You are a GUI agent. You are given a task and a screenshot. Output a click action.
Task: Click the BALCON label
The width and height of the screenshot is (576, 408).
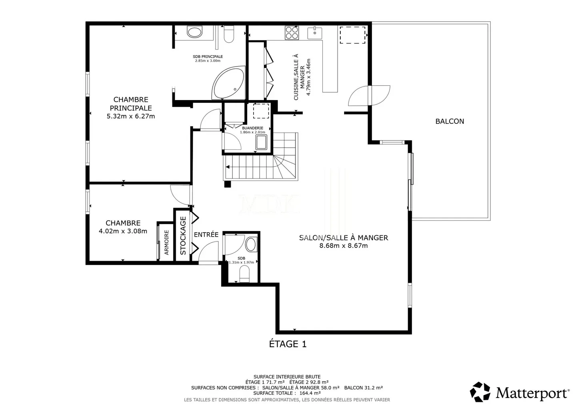tap(450, 121)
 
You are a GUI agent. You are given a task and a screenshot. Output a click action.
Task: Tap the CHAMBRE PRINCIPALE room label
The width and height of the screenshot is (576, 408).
tap(131, 104)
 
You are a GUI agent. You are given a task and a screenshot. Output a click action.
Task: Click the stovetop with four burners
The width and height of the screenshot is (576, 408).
tap(292, 33)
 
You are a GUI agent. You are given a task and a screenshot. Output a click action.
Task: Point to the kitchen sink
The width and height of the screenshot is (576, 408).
tap(315, 33)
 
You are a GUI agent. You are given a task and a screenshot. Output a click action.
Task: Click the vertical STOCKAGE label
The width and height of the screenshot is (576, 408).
tap(183, 235)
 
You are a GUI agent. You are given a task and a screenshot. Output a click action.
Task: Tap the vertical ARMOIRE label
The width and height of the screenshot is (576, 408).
tap(167, 242)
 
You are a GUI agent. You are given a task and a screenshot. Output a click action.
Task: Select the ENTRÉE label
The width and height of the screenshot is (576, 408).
tap(206, 235)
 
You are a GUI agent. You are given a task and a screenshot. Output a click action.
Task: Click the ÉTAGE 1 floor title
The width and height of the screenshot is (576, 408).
tap(288, 344)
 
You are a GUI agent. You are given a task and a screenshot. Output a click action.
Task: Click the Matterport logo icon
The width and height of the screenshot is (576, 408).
tap(480, 392)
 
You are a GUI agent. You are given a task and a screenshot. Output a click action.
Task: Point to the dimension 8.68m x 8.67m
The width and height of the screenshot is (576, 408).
tap(343, 246)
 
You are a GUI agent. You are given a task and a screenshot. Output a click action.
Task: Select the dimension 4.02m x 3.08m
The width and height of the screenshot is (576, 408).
tap(123, 231)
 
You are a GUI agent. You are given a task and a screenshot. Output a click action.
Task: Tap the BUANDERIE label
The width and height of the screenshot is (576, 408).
tap(252, 128)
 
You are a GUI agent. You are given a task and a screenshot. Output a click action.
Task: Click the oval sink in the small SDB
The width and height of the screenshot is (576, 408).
tap(251, 244)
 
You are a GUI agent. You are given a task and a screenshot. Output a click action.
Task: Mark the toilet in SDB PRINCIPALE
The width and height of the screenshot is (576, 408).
tap(229, 34)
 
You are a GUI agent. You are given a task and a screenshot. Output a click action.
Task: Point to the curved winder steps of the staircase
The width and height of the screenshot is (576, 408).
tap(285, 166)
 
